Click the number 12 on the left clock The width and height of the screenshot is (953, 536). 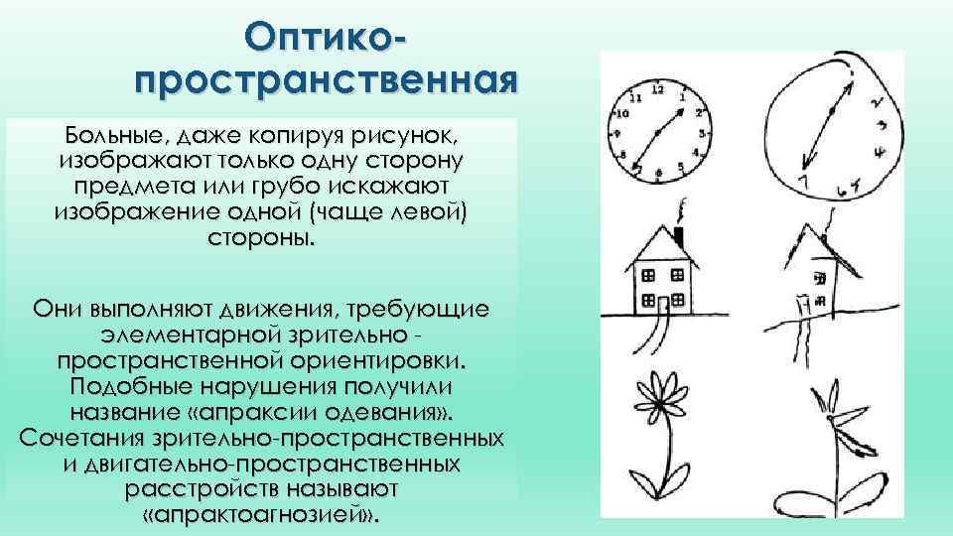tap(656, 89)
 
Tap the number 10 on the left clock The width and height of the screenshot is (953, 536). tap(622, 113)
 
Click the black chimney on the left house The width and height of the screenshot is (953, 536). tap(679, 235)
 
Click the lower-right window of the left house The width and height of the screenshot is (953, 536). tap(682, 299)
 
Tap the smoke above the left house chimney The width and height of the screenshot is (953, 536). tap(682, 210)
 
